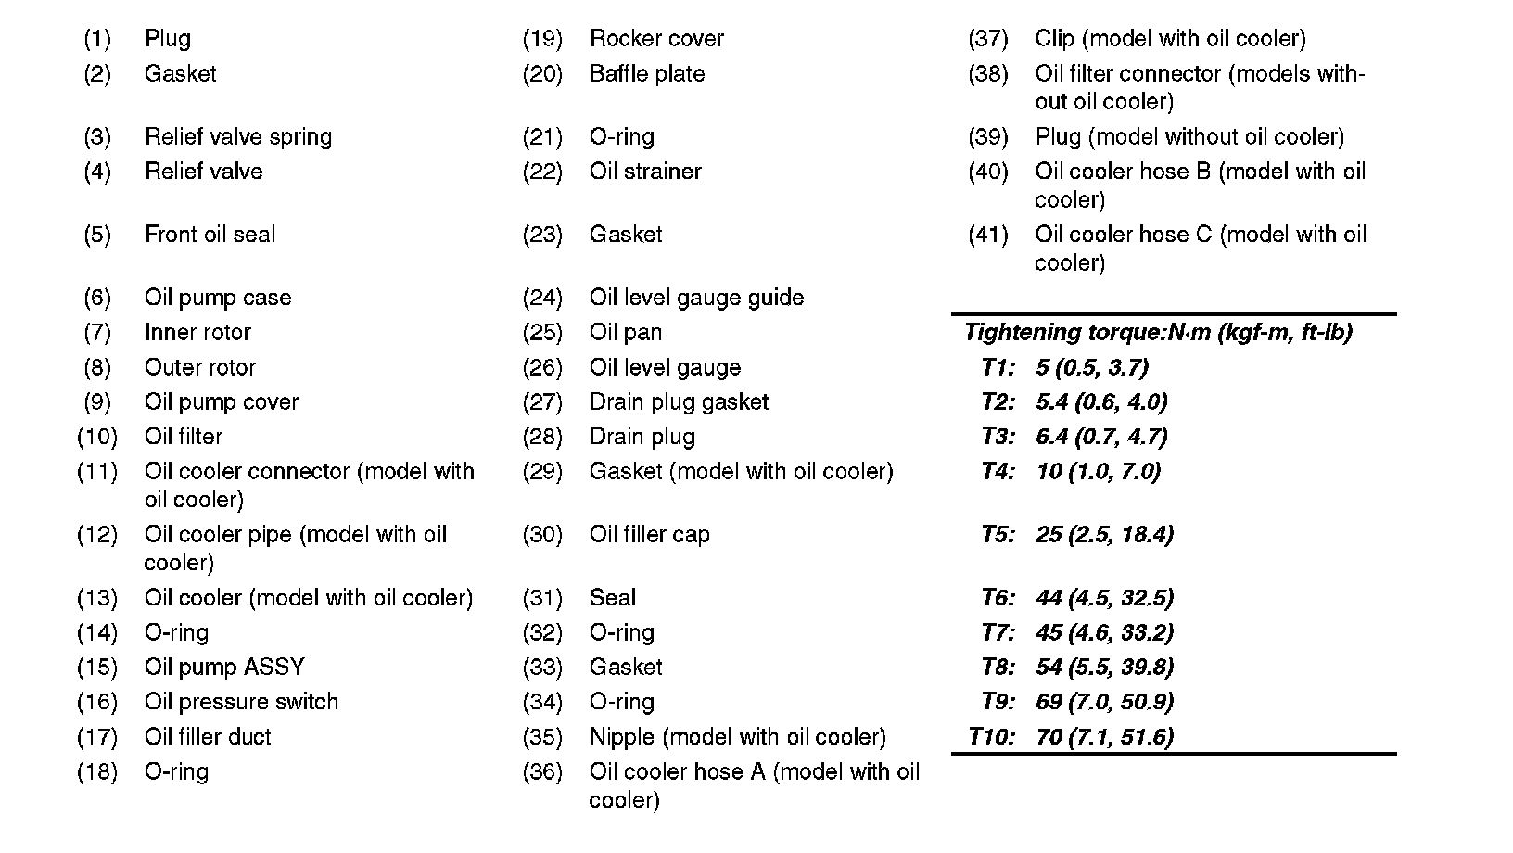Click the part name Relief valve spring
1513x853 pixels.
(x=237, y=137)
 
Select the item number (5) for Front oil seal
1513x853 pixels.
(x=97, y=235)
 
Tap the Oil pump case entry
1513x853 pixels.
(x=218, y=298)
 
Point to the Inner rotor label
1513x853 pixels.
(x=197, y=332)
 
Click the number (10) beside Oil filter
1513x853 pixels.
(x=97, y=437)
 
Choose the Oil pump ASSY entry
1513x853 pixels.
(x=224, y=668)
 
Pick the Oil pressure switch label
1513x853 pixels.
(x=241, y=702)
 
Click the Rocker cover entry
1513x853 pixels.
(x=656, y=39)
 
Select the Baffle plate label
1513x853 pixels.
(x=647, y=74)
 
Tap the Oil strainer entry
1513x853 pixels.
(x=645, y=172)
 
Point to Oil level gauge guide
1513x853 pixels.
(x=696, y=298)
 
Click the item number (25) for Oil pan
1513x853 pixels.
(x=542, y=332)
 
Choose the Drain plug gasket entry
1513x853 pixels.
(x=679, y=402)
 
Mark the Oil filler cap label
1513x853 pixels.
(x=649, y=535)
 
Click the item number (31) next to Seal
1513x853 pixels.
(x=542, y=598)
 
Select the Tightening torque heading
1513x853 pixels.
(x=1157, y=332)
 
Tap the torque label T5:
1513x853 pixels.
(x=998, y=535)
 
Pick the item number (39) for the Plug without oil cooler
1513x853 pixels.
(x=987, y=137)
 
